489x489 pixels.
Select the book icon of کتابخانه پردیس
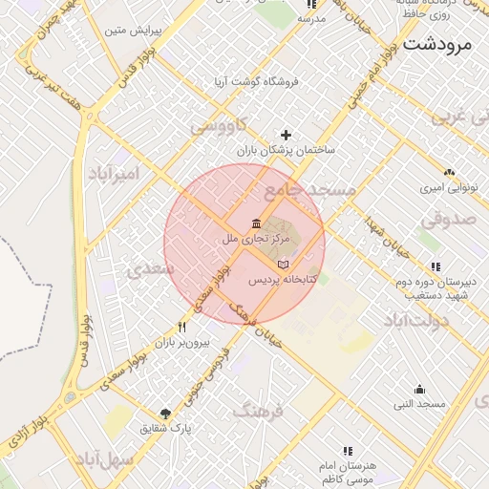point(282,265)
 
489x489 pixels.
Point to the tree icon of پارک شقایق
point(166,415)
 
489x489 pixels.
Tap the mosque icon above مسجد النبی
point(419,390)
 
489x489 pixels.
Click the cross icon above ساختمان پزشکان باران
point(286,136)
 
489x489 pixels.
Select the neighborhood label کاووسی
point(218,125)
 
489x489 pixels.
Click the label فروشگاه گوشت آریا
point(257,82)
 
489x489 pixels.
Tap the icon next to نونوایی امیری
point(449,173)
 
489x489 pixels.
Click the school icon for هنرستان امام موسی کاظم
point(347,450)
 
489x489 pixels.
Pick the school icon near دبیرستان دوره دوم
point(436,266)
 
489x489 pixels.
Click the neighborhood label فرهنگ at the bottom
point(259,412)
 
